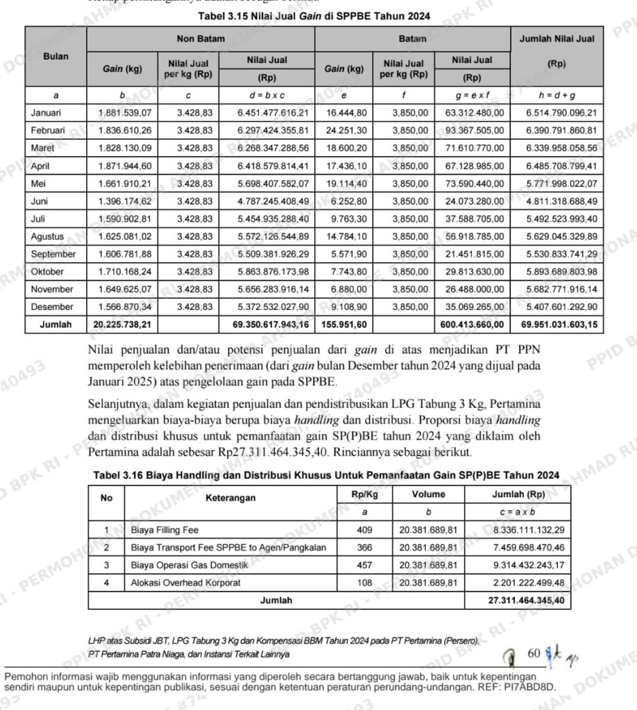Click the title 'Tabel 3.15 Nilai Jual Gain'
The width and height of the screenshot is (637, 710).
(314, 16)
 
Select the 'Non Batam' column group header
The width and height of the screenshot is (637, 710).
(201, 39)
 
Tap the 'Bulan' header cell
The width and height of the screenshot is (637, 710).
(56, 56)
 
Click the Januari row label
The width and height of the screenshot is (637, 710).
(46, 112)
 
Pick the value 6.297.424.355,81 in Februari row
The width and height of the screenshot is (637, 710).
(273, 130)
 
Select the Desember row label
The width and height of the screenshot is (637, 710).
(51, 306)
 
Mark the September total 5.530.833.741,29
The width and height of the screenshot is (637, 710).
(561, 254)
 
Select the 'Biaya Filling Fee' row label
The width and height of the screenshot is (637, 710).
(164, 530)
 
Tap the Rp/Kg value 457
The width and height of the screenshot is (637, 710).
(364, 565)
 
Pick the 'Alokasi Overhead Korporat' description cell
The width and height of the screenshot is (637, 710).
(185, 583)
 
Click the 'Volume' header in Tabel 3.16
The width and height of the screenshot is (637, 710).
(428, 495)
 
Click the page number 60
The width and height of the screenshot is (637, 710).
(534, 652)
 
